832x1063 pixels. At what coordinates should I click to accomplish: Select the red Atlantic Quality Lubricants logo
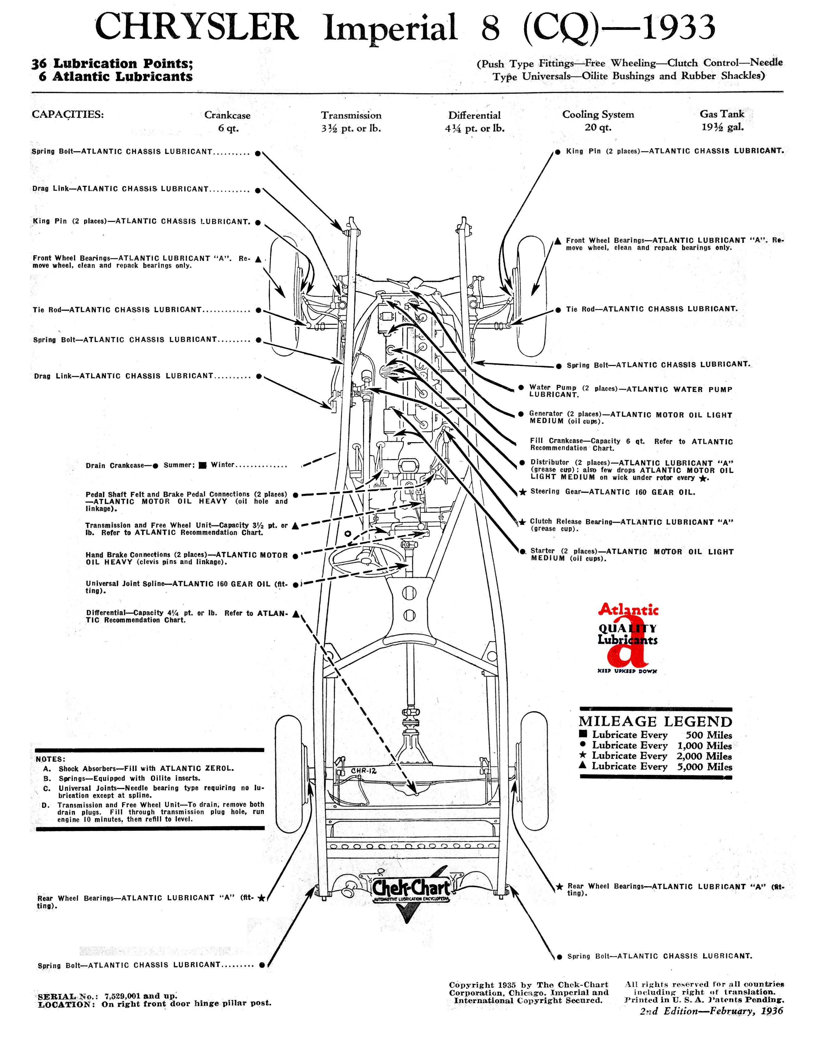click(628, 638)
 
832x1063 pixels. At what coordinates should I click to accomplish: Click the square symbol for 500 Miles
click(583, 734)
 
